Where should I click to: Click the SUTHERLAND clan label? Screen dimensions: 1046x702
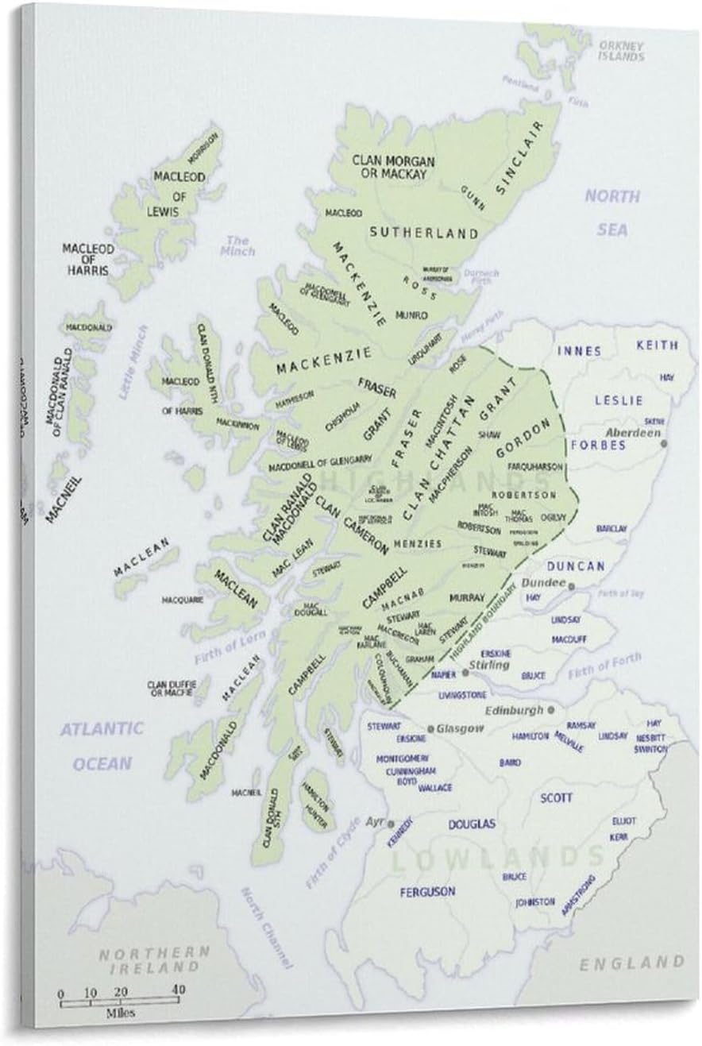(423, 233)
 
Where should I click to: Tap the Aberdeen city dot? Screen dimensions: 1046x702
(664, 442)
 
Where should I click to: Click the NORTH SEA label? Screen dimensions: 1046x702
(612, 213)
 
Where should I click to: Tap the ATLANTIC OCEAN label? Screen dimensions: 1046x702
(102, 746)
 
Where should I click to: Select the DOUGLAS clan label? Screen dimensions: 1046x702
(472, 824)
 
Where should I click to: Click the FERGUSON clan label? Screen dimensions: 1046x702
(428, 891)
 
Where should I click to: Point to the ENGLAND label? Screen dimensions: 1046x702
(631, 963)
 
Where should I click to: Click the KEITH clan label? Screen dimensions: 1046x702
(658, 345)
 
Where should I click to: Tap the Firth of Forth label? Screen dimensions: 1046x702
(604, 668)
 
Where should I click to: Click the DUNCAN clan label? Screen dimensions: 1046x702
(575, 566)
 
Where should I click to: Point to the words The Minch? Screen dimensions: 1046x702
(240, 245)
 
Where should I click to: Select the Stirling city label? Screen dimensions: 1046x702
(489, 664)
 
